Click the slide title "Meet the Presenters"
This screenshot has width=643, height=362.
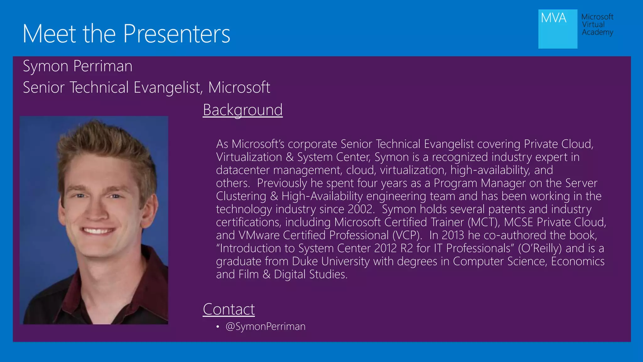[x=126, y=34]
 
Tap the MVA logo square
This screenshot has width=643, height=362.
[x=558, y=29]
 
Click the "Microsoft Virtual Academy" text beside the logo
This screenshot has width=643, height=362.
[x=597, y=25]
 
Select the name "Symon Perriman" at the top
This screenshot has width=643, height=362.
[x=78, y=66]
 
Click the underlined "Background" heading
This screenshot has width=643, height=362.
[x=243, y=110]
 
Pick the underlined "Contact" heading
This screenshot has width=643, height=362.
[x=229, y=309]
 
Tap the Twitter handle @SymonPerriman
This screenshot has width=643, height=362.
[x=265, y=326]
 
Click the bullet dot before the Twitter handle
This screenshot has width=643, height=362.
[x=218, y=327]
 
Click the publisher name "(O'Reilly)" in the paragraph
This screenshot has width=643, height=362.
[x=540, y=248]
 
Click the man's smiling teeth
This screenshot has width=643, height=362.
[x=98, y=231]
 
